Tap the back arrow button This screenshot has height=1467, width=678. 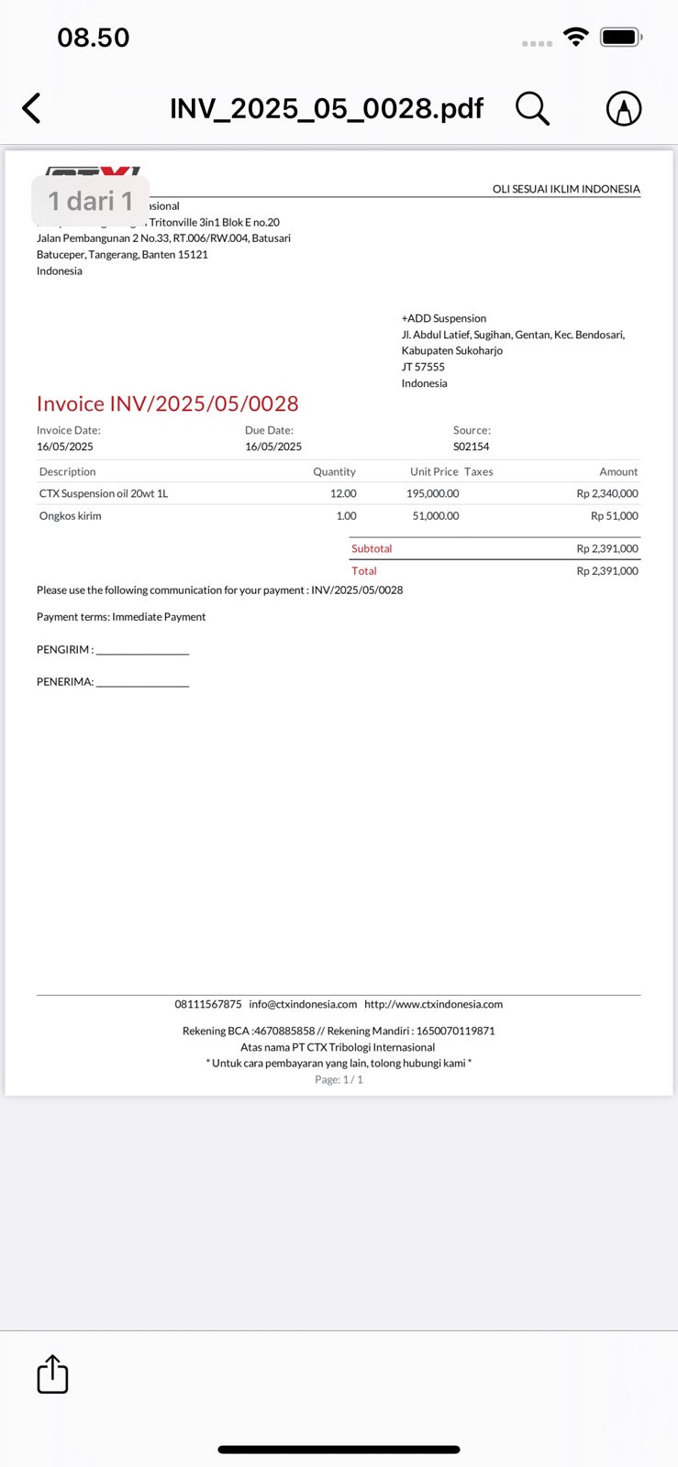click(x=32, y=108)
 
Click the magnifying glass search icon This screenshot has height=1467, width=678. click(x=532, y=108)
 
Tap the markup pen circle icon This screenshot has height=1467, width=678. click(x=624, y=108)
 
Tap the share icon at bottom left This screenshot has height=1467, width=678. click(x=52, y=1374)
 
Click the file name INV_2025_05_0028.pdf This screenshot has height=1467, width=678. click(x=327, y=108)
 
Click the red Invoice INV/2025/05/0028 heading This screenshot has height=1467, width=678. click(x=167, y=403)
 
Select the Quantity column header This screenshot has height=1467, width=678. click(x=334, y=471)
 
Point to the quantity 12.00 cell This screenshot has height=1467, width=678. click(x=343, y=493)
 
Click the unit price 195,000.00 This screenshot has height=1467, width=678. click(x=432, y=493)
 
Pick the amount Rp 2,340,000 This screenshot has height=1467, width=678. click(x=607, y=493)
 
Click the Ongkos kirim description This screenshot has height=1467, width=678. click(x=71, y=515)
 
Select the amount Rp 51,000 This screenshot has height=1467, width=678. click(x=614, y=515)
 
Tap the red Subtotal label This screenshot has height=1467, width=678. click(x=372, y=548)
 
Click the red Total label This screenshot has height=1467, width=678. click(x=364, y=570)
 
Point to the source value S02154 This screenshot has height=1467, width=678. click(x=471, y=447)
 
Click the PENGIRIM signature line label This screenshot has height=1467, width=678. click(x=65, y=649)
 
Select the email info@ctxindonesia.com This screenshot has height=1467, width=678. click(x=303, y=1004)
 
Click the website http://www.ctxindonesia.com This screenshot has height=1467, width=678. click(x=433, y=1004)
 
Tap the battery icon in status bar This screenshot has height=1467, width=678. click(x=620, y=38)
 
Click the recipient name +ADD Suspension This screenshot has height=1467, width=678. click(x=444, y=318)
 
